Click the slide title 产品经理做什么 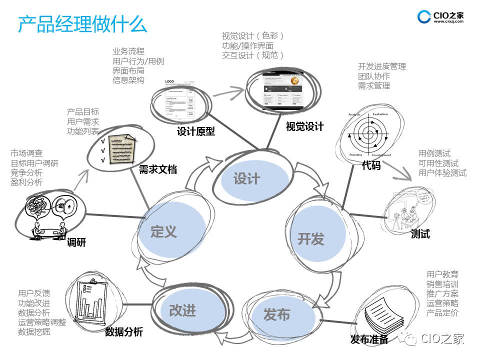[x=82, y=24]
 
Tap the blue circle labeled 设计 [x=247, y=178]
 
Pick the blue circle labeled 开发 [x=311, y=238]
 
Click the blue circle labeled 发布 [x=276, y=315]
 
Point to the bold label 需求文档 [x=157, y=169]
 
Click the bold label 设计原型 [x=195, y=131]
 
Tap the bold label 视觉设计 [x=304, y=126]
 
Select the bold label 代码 [x=371, y=165]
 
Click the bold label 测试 [x=420, y=233]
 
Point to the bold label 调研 [x=76, y=242]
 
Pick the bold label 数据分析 [x=123, y=332]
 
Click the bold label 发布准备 [x=369, y=340]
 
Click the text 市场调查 [x=26, y=153]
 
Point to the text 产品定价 [x=442, y=313]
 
